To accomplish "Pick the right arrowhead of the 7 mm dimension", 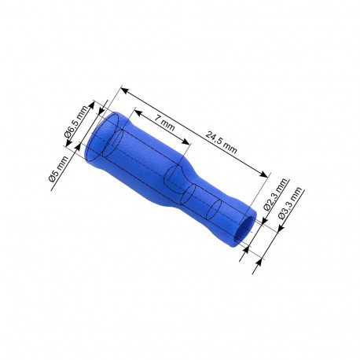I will click(188, 141).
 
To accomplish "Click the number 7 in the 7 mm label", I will click(157, 119).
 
